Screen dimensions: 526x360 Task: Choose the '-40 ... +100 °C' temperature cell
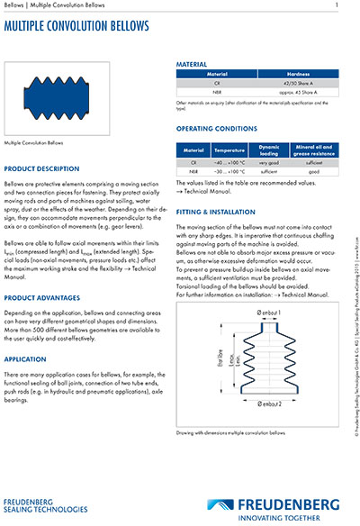click(x=231, y=161)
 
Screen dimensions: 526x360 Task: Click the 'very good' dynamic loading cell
click(x=270, y=161)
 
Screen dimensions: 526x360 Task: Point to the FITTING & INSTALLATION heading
click(x=215, y=210)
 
